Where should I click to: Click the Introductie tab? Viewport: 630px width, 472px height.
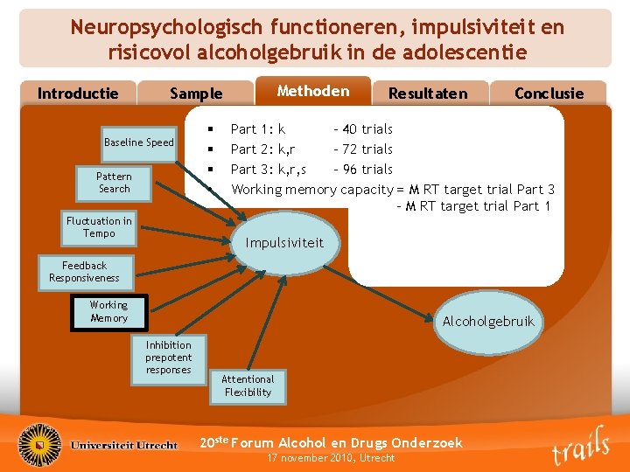(78, 94)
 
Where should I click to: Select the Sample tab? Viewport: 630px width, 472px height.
(196, 94)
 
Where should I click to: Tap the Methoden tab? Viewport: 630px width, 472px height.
(312, 91)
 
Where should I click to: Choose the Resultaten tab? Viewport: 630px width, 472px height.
(427, 94)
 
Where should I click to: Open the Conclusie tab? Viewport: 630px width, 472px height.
(549, 94)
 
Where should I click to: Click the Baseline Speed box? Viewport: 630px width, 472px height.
(139, 142)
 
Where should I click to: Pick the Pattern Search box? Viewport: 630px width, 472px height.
(114, 182)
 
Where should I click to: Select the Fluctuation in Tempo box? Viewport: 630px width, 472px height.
(99, 227)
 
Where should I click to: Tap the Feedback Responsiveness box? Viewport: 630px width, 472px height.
(84, 272)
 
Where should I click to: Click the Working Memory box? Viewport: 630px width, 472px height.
(108, 311)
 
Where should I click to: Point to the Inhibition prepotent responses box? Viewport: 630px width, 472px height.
(168, 357)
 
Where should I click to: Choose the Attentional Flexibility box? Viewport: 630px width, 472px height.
(248, 385)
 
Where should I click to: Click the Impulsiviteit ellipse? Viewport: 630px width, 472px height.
(284, 243)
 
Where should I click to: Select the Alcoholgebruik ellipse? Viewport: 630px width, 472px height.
(488, 322)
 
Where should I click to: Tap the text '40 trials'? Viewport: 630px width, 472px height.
(368, 129)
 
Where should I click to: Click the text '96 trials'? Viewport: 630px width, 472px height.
(368, 169)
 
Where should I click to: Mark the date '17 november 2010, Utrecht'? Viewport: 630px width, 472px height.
(331, 458)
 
